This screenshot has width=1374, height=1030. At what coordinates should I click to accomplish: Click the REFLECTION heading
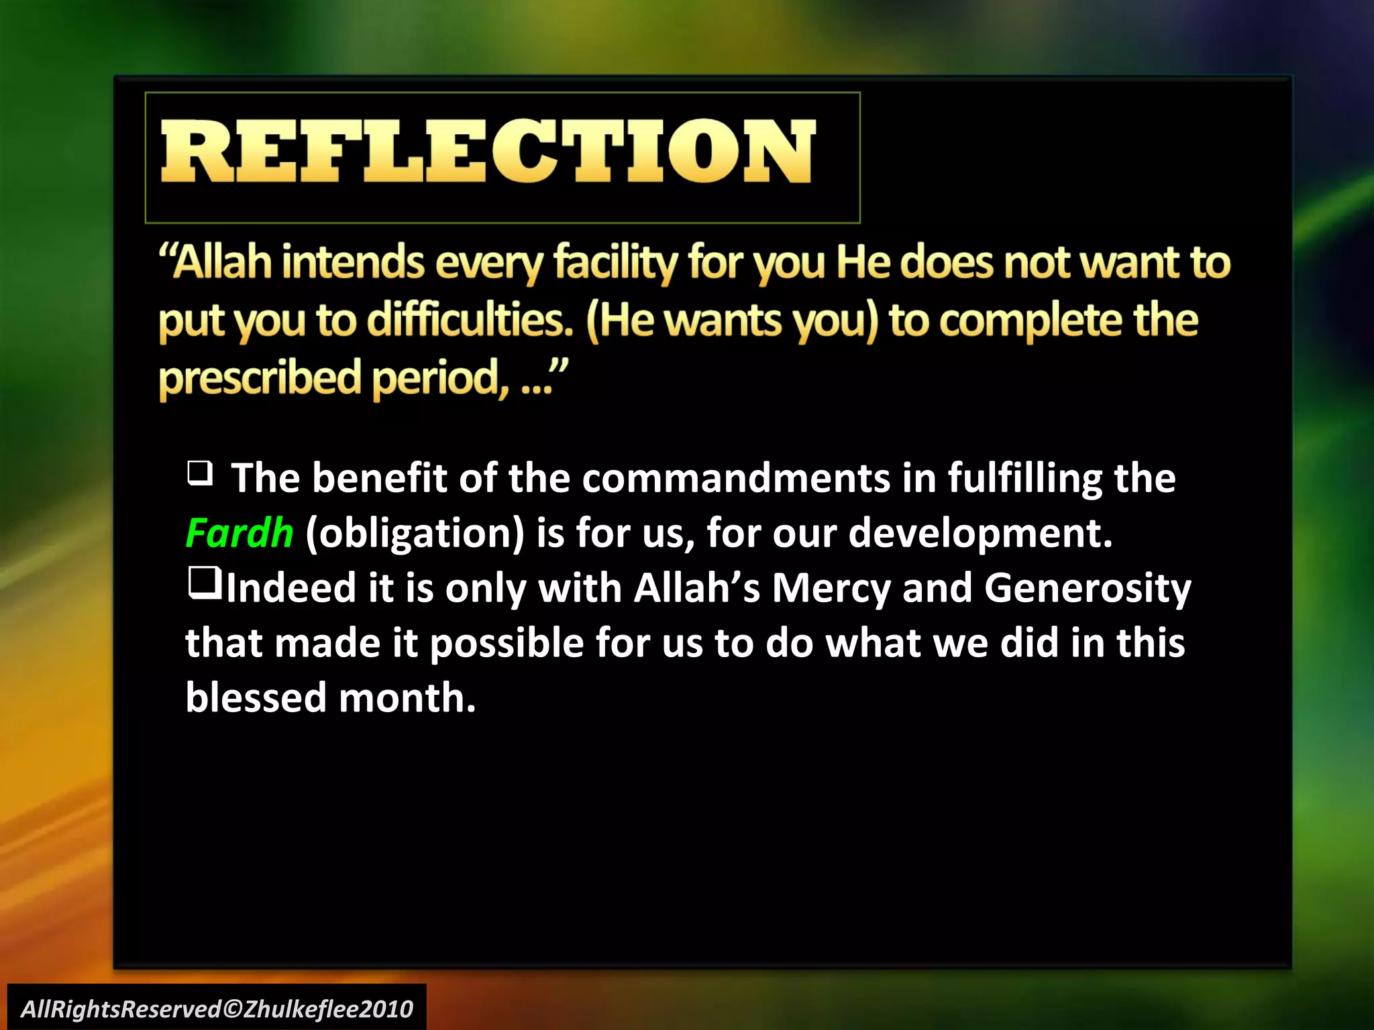coord(488,152)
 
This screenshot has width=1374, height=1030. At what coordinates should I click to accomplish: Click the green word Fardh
coord(240,533)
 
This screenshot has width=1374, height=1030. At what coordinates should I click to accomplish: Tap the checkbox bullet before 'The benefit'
coord(199,473)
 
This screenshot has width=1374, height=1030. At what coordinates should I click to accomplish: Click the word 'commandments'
coord(736,478)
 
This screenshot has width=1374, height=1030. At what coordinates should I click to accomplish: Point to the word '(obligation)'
coord(415,533)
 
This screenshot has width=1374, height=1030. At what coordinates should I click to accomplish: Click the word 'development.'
coord(980,533)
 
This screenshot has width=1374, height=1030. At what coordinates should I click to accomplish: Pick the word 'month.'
coord(407,697)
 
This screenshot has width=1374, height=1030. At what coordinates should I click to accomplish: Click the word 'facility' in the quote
coord(615,262)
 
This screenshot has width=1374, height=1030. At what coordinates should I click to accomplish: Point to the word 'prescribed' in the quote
coord(260,378)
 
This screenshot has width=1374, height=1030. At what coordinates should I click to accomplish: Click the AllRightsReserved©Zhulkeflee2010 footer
coord(217,1009)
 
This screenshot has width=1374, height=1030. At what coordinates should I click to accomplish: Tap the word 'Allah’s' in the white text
coord(696,588)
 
